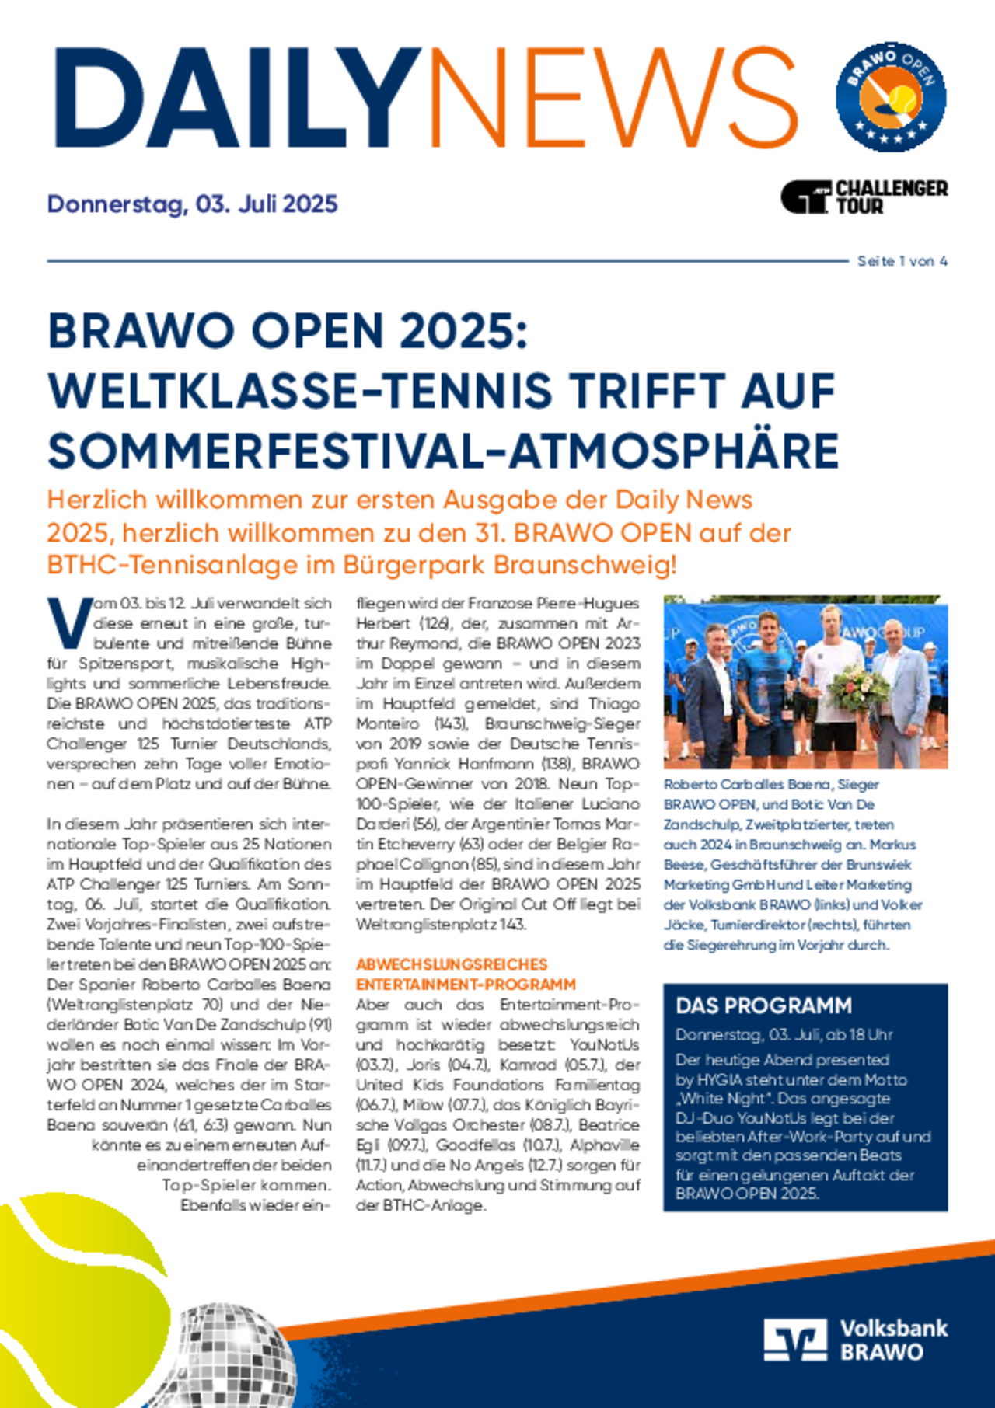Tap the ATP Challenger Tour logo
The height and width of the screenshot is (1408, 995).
click(x=864, y=197)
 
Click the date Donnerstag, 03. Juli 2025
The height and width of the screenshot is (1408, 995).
click(x=192, y=204)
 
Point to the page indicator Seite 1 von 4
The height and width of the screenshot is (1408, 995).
click(x=902, y=261)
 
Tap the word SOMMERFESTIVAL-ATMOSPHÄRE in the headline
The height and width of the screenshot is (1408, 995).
click(x=443, y=451)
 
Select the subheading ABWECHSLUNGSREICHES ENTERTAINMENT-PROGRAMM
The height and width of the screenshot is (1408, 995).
click(x=466, y=974)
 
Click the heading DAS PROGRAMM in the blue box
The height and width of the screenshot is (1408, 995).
click(x=763, y=1005)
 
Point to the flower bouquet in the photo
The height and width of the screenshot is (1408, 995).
click(x=858, y=688)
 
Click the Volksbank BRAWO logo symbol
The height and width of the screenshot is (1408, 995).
click(x=794, y=1340)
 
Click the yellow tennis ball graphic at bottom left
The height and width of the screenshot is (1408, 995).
click(x=78, y=1290)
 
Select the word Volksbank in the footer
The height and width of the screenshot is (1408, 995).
click(x=894, y=1328)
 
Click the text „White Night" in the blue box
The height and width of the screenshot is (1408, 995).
click(x=721, y=1099)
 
